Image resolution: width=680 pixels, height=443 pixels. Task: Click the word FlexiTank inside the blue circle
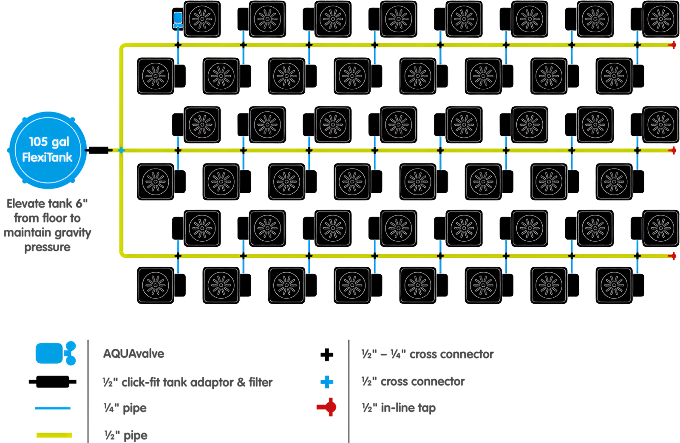click(47, 158)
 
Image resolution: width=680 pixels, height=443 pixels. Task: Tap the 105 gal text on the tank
click(49, 141)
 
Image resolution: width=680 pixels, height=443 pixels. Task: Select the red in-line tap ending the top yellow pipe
click(673, 45)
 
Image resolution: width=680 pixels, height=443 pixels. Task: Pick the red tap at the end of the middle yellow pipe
click(673, 150)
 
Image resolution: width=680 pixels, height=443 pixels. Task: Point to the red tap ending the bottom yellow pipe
click(673, 256)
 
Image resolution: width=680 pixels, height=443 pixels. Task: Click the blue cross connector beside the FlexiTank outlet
click(121, 150)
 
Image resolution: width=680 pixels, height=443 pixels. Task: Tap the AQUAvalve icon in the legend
click(56, 353)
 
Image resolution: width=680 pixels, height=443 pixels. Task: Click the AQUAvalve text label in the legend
click(133, 354)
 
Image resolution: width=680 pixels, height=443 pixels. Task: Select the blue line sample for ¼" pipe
click(52, 408)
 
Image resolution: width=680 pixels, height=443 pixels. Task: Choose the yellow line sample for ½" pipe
click(54, 435)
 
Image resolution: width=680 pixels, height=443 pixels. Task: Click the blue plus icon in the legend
click(326, 382)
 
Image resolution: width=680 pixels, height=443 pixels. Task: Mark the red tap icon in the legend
click(326, 407)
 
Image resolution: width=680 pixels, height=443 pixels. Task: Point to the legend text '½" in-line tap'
click(399, 408)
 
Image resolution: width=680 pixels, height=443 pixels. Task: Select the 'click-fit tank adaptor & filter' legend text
click(196, 382)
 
